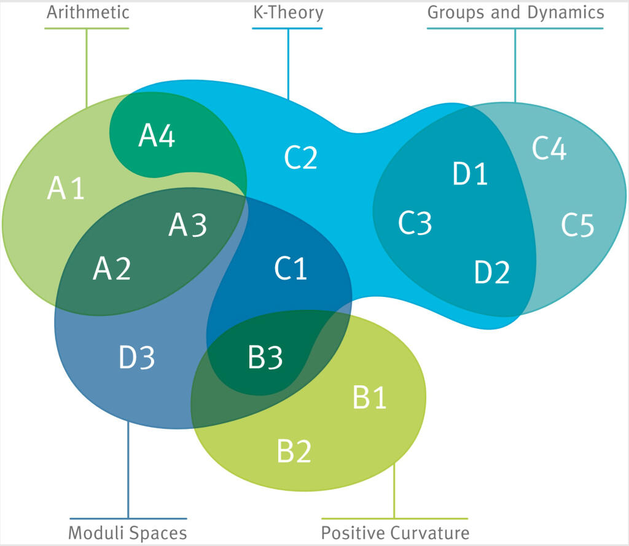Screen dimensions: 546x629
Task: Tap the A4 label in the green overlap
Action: (x=157, y=136)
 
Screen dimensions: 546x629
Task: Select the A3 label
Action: (x=188, y=226)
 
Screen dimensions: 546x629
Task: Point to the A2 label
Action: (x=112, y=269)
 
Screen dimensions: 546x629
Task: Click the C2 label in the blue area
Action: (x=301, y=158)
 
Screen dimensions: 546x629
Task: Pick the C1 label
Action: (x=291, y=269)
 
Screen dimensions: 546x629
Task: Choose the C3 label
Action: (x=415, y=223)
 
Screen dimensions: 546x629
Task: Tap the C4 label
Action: (x=549, y=149)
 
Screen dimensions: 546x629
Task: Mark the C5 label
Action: (x=577, y=226)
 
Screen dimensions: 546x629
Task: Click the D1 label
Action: (x=471, y=174)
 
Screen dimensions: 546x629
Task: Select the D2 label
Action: (x=492, y=272)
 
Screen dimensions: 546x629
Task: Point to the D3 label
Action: (x=136, y=358)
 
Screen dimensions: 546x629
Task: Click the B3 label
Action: (x=265, y=358)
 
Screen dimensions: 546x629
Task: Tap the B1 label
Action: (x=370, y=398)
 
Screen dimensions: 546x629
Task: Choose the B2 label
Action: (x=294, y=452)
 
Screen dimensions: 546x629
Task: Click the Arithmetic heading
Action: (x=87, y=12)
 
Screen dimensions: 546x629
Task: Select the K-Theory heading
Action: (x=288, y=12)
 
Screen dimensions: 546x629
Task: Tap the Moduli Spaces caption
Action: (x=127, y=532)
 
